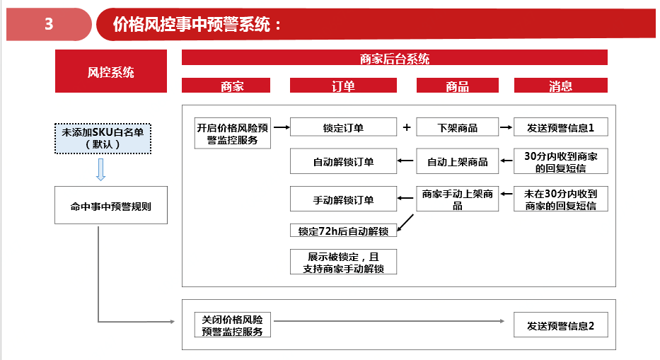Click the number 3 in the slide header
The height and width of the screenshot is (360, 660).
(x=49, y=24)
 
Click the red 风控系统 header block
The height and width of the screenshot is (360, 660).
(x=111, y=71)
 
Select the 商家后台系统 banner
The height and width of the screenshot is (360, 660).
(x=395, y=58)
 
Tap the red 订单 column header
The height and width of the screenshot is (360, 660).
(x=343, y=85)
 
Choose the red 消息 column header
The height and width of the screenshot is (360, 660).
(x=561, y=85)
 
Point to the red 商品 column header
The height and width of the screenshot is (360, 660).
(x=458, y=85)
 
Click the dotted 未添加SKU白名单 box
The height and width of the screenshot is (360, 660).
(x=103, y=139)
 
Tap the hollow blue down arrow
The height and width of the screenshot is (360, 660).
(x=100, y=170)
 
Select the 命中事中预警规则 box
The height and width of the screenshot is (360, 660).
(x=111, y=205)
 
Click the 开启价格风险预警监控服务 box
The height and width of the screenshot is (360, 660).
(x=232, y=133)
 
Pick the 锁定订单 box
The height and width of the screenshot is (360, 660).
(x=343, y=127)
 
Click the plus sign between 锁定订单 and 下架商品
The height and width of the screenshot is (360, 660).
(x=407, y=127)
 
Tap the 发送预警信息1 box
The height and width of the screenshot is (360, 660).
(x=561, y=127)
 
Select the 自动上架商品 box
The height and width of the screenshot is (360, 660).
(x=458, y=161)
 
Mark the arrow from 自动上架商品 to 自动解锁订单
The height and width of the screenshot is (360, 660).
(x=406, y=161)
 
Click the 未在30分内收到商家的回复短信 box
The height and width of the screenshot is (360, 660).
(x=561, y=199)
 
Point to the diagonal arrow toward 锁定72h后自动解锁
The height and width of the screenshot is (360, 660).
(x=405, y=223)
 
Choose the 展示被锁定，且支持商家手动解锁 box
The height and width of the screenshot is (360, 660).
(x=343, y=262)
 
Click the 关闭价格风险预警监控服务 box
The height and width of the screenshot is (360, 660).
(x=232, y=325)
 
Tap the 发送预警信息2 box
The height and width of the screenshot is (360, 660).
(x=561, y=325)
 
